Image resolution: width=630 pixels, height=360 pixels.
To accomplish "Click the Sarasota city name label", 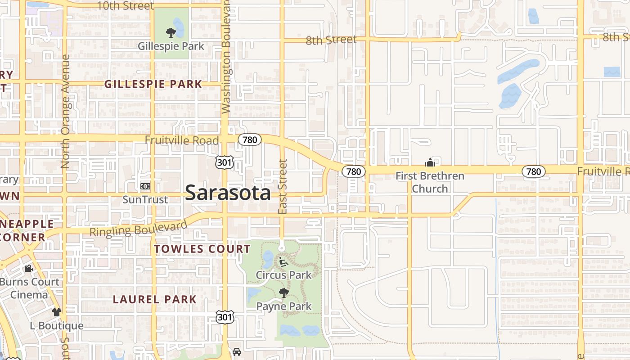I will coord(228,193).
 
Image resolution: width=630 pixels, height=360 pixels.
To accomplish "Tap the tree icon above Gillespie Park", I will coord(171,32).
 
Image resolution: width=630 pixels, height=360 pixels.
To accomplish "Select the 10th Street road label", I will coord(125,6).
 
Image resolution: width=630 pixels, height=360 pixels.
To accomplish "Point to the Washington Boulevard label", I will coord(226,56).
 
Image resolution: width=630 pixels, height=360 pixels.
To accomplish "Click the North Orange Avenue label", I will coord(65,112).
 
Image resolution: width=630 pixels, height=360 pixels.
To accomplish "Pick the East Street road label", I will coord(283,186).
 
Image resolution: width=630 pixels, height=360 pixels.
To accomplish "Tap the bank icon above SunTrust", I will coord(145,186).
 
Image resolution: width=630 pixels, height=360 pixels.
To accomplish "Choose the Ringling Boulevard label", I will coord(138,228).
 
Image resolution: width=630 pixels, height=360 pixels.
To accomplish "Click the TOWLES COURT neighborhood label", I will coord(202,249).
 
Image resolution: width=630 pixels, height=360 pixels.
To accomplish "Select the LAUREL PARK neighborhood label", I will coord(154,299).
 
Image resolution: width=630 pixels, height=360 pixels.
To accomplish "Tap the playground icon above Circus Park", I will coord(283,261).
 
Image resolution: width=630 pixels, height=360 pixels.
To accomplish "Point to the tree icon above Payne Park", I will coord(283,293).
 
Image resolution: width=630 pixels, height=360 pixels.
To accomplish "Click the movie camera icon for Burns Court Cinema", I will coord(28,269).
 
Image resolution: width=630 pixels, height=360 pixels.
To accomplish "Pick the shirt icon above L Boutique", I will coord(56,312).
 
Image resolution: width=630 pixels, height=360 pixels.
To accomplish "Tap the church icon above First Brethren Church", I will coord(430,162).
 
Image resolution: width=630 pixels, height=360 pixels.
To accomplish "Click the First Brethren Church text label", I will coord(430,182).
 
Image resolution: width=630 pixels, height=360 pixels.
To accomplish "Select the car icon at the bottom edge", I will coord(237,351).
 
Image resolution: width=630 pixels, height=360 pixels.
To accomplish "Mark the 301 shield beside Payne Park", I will coord(225,317).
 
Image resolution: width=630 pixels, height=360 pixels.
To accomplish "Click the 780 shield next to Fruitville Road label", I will coord(249,139).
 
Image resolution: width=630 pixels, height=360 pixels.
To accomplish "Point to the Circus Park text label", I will coord(283,274).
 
